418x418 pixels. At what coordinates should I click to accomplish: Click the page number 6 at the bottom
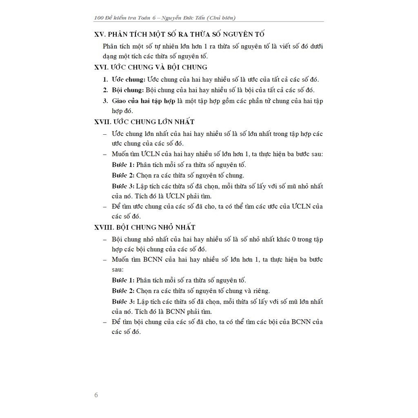coord(96,395)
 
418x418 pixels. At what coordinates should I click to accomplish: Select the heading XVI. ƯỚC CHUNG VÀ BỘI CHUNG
coord(151,67)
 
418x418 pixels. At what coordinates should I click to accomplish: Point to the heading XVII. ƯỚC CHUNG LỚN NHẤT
coord(145,122)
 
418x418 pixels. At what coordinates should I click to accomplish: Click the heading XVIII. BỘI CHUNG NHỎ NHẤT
coord(145,227)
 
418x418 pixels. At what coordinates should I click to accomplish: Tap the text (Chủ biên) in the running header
coord(221,18)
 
